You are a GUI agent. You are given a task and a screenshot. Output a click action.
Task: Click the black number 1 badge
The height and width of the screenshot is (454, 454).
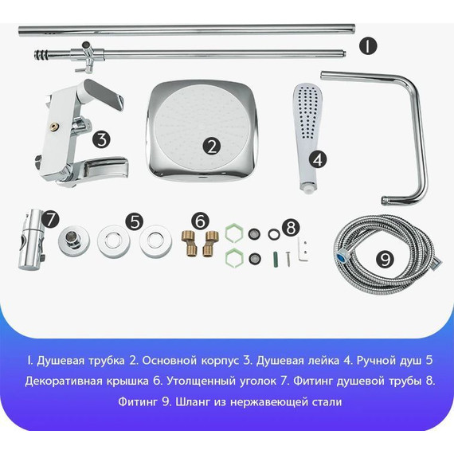[366, 45]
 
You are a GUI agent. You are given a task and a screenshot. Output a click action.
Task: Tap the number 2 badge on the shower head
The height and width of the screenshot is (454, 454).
[211, 146]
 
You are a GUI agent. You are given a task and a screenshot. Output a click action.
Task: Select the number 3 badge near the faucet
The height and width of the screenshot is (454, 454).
[101, 139]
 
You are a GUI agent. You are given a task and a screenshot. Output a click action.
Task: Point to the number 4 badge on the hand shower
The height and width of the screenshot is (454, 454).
[318, 159]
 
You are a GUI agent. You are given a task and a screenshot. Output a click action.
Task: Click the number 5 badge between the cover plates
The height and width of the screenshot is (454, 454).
[136, 221]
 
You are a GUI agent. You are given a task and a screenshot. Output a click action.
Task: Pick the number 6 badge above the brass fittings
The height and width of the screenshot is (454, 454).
[201, 220]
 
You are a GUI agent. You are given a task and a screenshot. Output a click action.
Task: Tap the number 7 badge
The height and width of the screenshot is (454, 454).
[51, 218]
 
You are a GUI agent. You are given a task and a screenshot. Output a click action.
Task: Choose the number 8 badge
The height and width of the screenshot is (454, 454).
[291, 228]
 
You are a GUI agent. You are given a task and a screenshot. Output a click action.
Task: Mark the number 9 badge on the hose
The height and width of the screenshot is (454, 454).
[385, 258]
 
